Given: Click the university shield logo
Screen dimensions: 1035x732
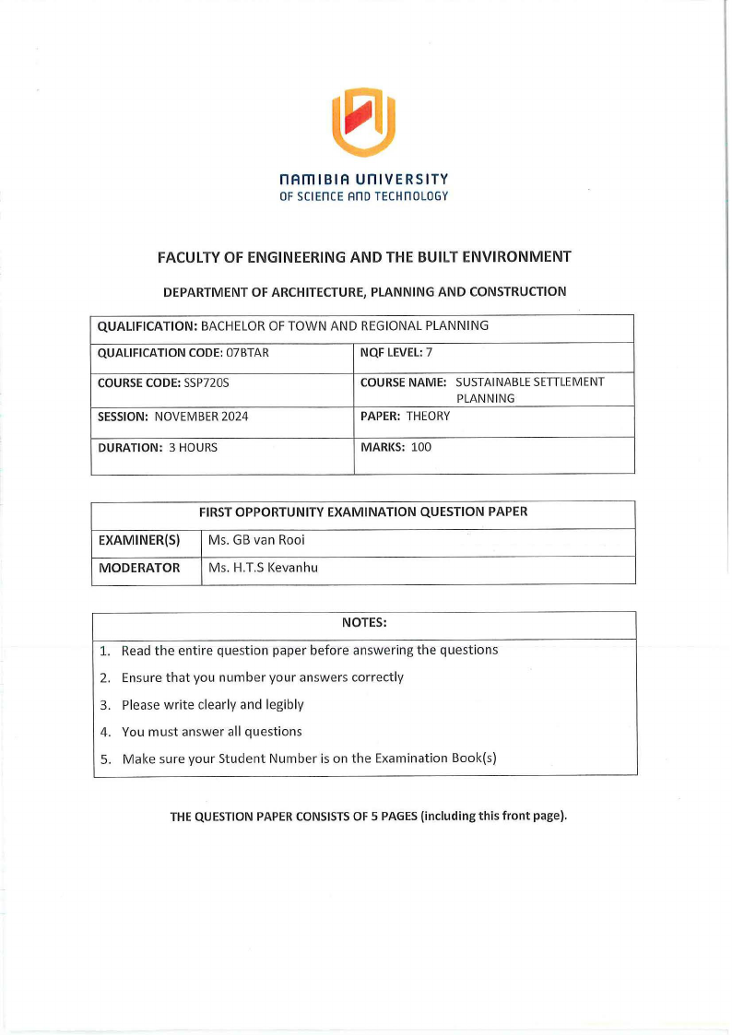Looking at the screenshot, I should (x=364, y=121).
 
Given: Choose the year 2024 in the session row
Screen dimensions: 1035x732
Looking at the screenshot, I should (x=231, y=417).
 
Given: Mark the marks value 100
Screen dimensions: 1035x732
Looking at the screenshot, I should (x=420, y=448).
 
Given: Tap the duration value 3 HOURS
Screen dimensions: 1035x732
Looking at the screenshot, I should (x=193, y=448).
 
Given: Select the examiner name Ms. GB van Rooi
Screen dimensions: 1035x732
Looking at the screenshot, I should (x=256, y=541).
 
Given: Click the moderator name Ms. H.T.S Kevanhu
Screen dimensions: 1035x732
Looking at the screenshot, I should (x=263, y=569).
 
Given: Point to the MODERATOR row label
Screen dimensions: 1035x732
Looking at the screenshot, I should (x=139, y=569).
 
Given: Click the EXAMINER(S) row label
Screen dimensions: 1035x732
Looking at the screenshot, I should (x=138, y=541).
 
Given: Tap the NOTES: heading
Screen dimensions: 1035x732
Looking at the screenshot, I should (x=364, y=624).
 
